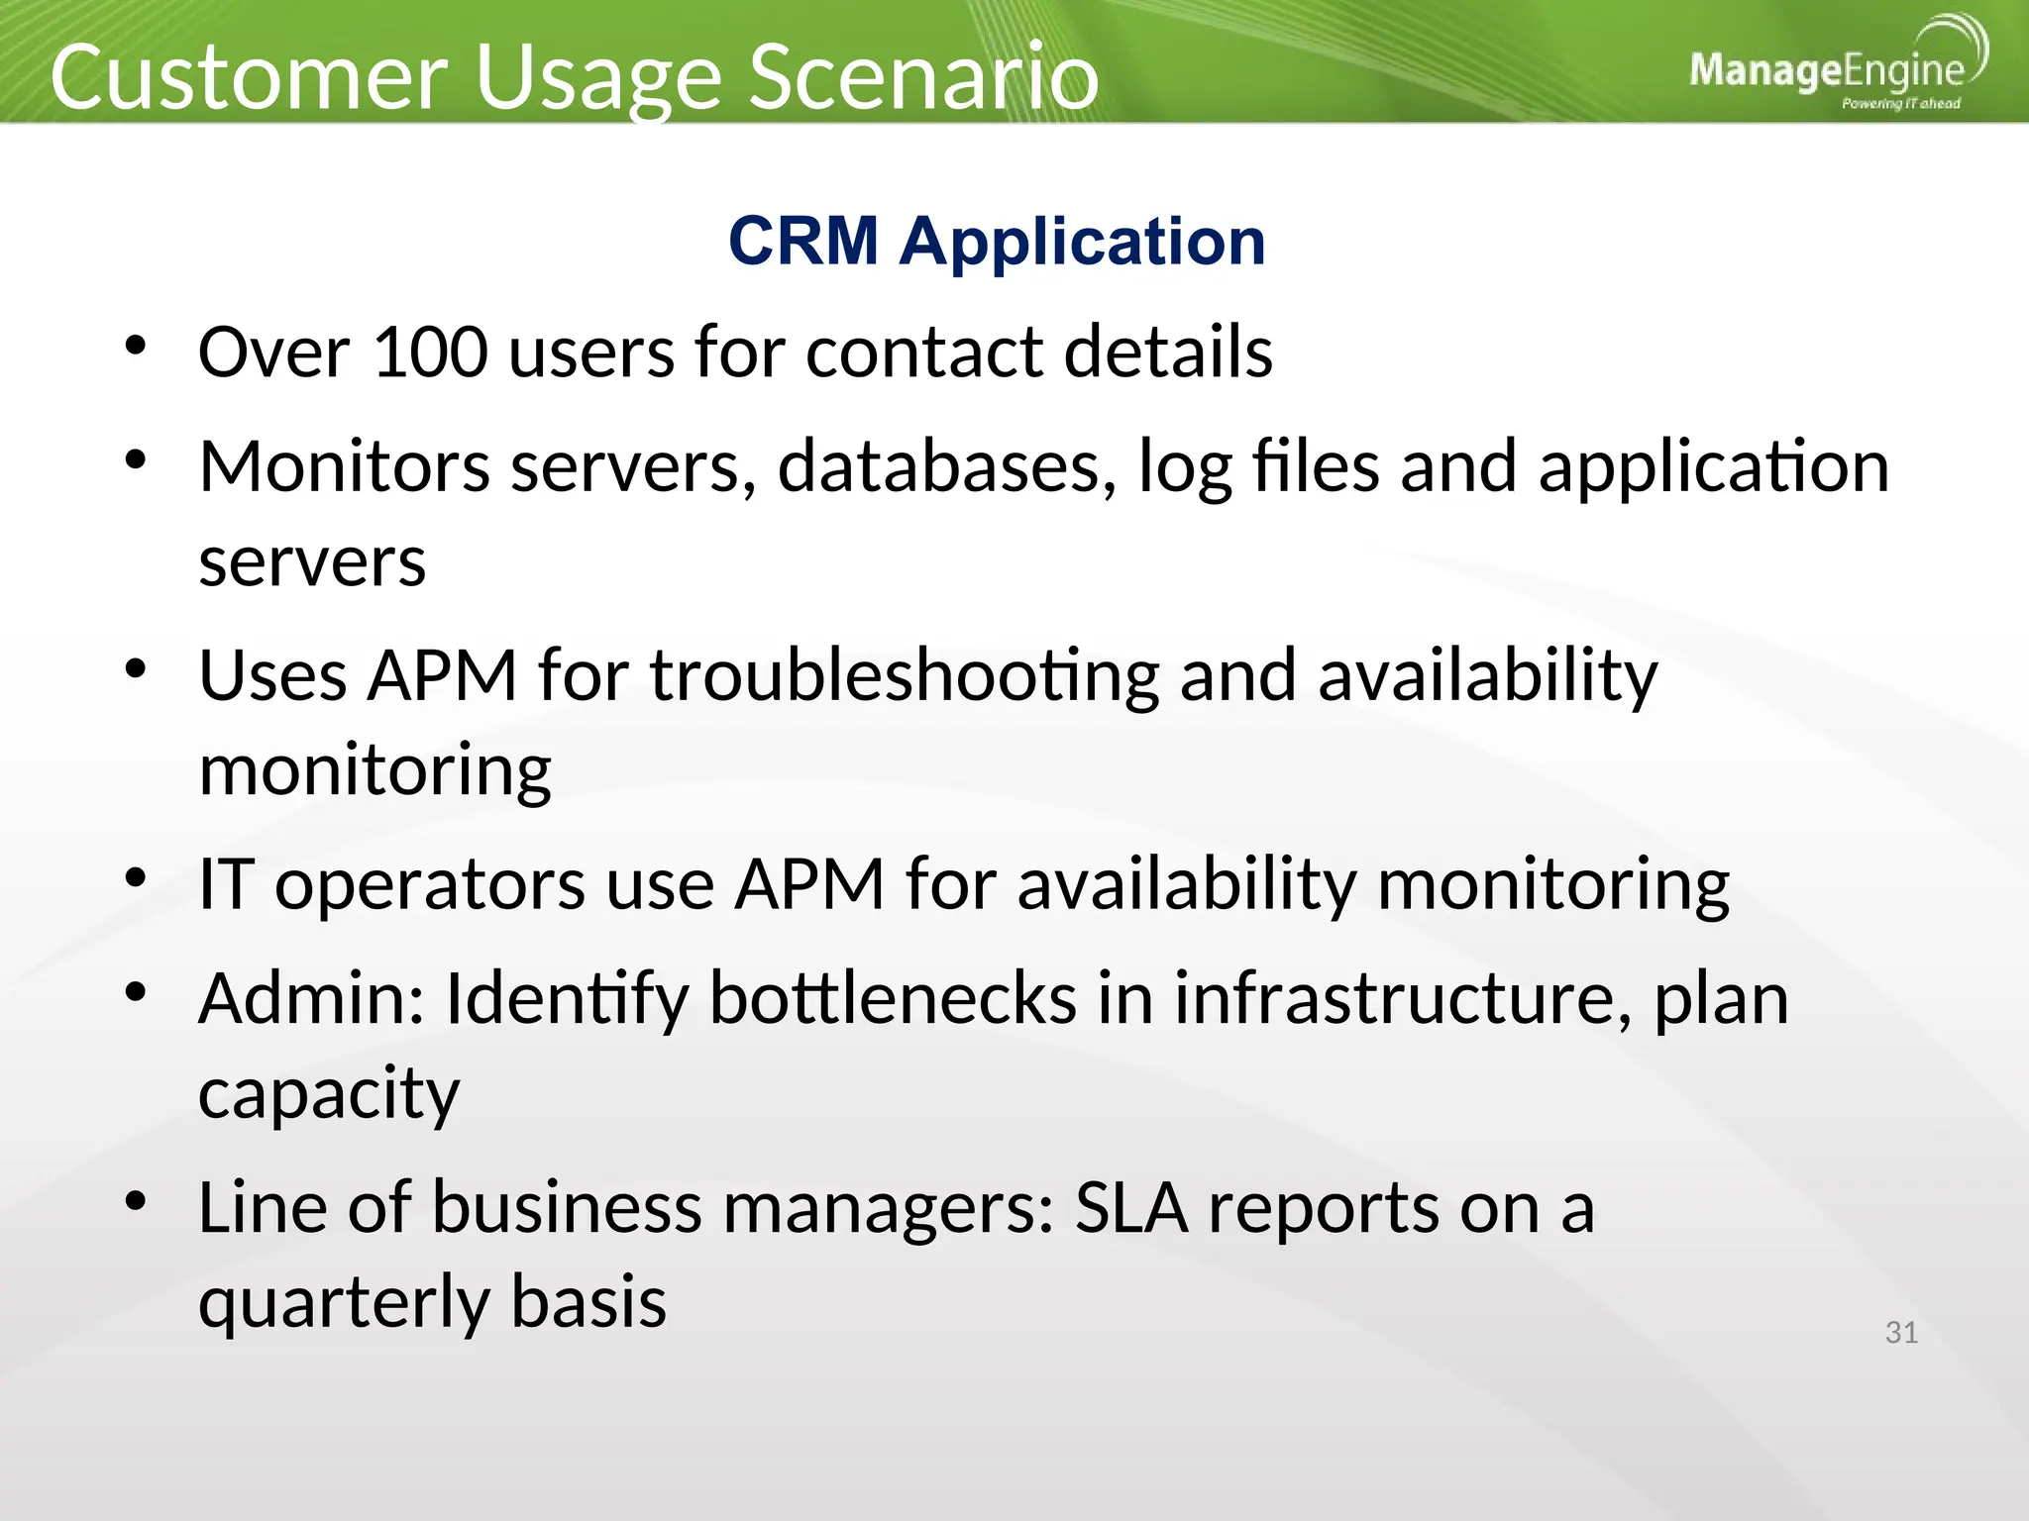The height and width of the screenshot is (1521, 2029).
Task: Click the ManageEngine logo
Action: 1836,67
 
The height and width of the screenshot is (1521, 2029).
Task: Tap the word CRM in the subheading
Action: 803,241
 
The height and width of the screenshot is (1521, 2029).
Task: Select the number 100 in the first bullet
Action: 430,352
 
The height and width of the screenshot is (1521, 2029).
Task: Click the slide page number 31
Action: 1900,1333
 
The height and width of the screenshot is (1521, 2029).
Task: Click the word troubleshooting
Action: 905,676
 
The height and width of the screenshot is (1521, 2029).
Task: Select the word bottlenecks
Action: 892,998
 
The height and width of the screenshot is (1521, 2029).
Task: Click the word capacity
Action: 329,1094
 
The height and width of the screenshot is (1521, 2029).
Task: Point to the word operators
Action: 429,884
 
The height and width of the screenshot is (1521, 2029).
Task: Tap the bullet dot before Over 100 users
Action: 136,348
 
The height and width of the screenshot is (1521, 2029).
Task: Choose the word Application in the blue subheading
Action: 1082,241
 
